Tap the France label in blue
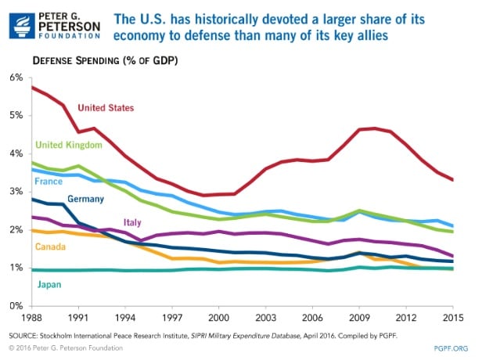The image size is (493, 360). pyautogui.click(x=49, y=182)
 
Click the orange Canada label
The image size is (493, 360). pyautogui.click(x=52, y=246)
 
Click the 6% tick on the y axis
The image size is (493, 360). pyautogui.click(x=17, y=77)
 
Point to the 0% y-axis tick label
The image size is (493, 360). pyautogui.click(x=17, y=306)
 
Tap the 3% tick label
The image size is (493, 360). pyautogui.click(x=17, y=192)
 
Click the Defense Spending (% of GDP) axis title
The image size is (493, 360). pyautogui.click(x=101, y=59)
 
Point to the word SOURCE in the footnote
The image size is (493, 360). pyautogui.click(x=27, y=334)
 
